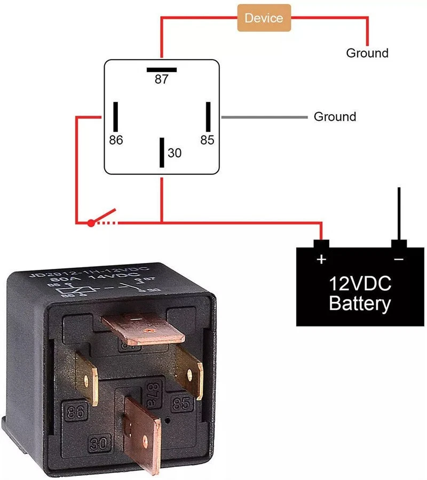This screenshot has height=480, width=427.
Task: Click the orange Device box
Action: [264, 18]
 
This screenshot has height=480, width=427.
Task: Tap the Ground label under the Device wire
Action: [367, 53]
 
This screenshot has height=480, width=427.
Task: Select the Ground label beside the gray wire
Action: [335, 116]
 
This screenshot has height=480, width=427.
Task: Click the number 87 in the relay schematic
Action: [161, 80]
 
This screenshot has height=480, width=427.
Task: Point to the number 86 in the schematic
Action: [116, 140]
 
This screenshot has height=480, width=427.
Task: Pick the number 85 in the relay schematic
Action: [207, 140]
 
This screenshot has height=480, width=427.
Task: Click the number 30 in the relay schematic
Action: [175, 153]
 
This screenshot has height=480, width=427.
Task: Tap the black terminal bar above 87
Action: [161, 69]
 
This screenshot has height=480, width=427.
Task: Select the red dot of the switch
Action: [91, 223]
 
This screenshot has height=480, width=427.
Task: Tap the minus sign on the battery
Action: [399, 260]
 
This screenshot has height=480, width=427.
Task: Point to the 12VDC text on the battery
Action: [360, 283]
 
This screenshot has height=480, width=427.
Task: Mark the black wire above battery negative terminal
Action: [399, 213]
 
